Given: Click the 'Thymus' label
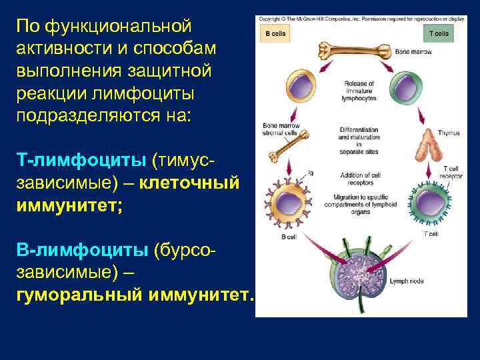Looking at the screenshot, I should click(x=449, y=133).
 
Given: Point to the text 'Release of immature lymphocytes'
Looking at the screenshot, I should click(x=359, y=91).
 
